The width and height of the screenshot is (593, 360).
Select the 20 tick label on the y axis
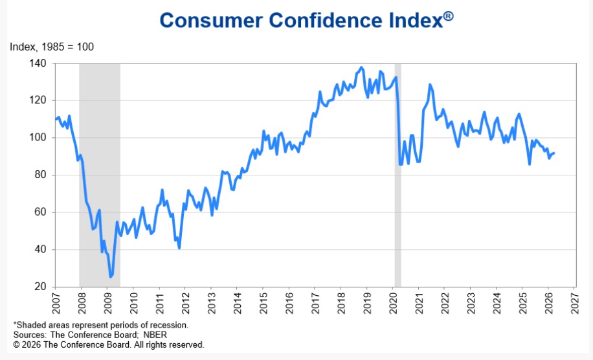40,287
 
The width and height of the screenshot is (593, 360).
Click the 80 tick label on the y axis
40,175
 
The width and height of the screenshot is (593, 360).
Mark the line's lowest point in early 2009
111,277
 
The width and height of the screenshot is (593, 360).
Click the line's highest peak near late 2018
361,67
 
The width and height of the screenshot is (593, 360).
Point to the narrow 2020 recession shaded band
397,175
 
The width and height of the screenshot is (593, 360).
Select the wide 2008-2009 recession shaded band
100,175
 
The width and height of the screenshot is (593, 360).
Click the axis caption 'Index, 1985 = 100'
52,47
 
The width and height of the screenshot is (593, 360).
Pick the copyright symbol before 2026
17,345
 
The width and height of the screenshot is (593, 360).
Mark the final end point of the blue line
554,153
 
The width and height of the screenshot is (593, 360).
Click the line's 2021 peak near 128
429,85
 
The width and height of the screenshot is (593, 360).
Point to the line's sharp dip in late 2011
179,248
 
